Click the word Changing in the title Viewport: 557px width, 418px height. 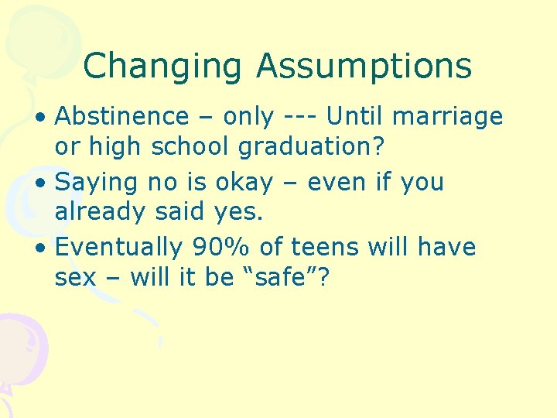pos(163,67)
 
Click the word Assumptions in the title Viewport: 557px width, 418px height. pos(364,67)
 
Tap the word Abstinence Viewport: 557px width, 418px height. pos(121,117)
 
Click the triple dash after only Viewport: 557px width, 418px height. pos(300,117)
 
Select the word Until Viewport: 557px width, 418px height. pos(356,117)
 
